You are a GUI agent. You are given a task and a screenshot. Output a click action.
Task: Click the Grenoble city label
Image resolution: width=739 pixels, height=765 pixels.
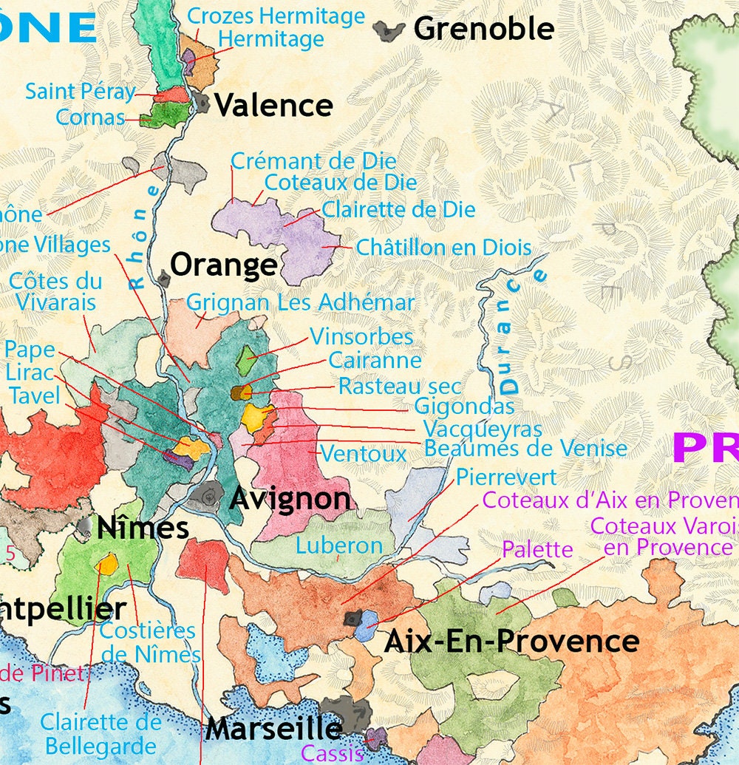(x=483, y=29)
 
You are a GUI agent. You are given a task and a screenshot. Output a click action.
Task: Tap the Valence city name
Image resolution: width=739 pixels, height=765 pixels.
(x=273, y=105)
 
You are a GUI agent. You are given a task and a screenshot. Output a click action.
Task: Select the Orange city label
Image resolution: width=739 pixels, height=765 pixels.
(x=224, y=265)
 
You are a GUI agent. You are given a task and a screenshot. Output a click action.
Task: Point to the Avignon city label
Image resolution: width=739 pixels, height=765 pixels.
(x=290, y=499)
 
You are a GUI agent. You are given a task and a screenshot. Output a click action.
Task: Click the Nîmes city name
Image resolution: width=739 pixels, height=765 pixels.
(x=143, y=528)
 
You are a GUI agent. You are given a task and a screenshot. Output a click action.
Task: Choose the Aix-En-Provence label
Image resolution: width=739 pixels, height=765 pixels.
(x=511, y=641)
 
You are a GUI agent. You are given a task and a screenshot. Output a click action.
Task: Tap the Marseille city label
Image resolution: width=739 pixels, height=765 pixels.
(x=273, y=729)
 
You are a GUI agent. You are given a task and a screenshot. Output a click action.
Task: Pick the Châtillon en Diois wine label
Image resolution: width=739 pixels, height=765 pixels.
(x=443, y=248)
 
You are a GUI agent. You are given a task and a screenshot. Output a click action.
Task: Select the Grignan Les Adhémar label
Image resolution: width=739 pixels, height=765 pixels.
(x=301, y=302)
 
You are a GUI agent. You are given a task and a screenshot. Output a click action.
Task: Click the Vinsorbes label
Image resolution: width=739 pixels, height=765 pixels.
(x=361, y=337)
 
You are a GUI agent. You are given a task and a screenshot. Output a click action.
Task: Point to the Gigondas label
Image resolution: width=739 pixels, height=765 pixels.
(x=464, y=406)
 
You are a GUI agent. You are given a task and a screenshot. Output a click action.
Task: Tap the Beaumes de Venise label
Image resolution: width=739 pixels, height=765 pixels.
(x=525, y=448)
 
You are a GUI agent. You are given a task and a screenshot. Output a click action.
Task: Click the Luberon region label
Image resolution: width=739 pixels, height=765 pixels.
(x=339, y=546)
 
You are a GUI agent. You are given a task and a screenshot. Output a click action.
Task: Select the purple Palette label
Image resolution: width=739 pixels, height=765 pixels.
(x=537, y=549)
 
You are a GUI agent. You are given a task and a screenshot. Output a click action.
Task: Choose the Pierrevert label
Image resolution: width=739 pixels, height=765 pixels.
(x=506, y=477)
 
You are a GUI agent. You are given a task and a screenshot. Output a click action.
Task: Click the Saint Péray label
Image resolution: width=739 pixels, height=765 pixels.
(x=81, y=92)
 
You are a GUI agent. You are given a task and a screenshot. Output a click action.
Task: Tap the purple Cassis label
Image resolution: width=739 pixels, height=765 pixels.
(x=333, y=753)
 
